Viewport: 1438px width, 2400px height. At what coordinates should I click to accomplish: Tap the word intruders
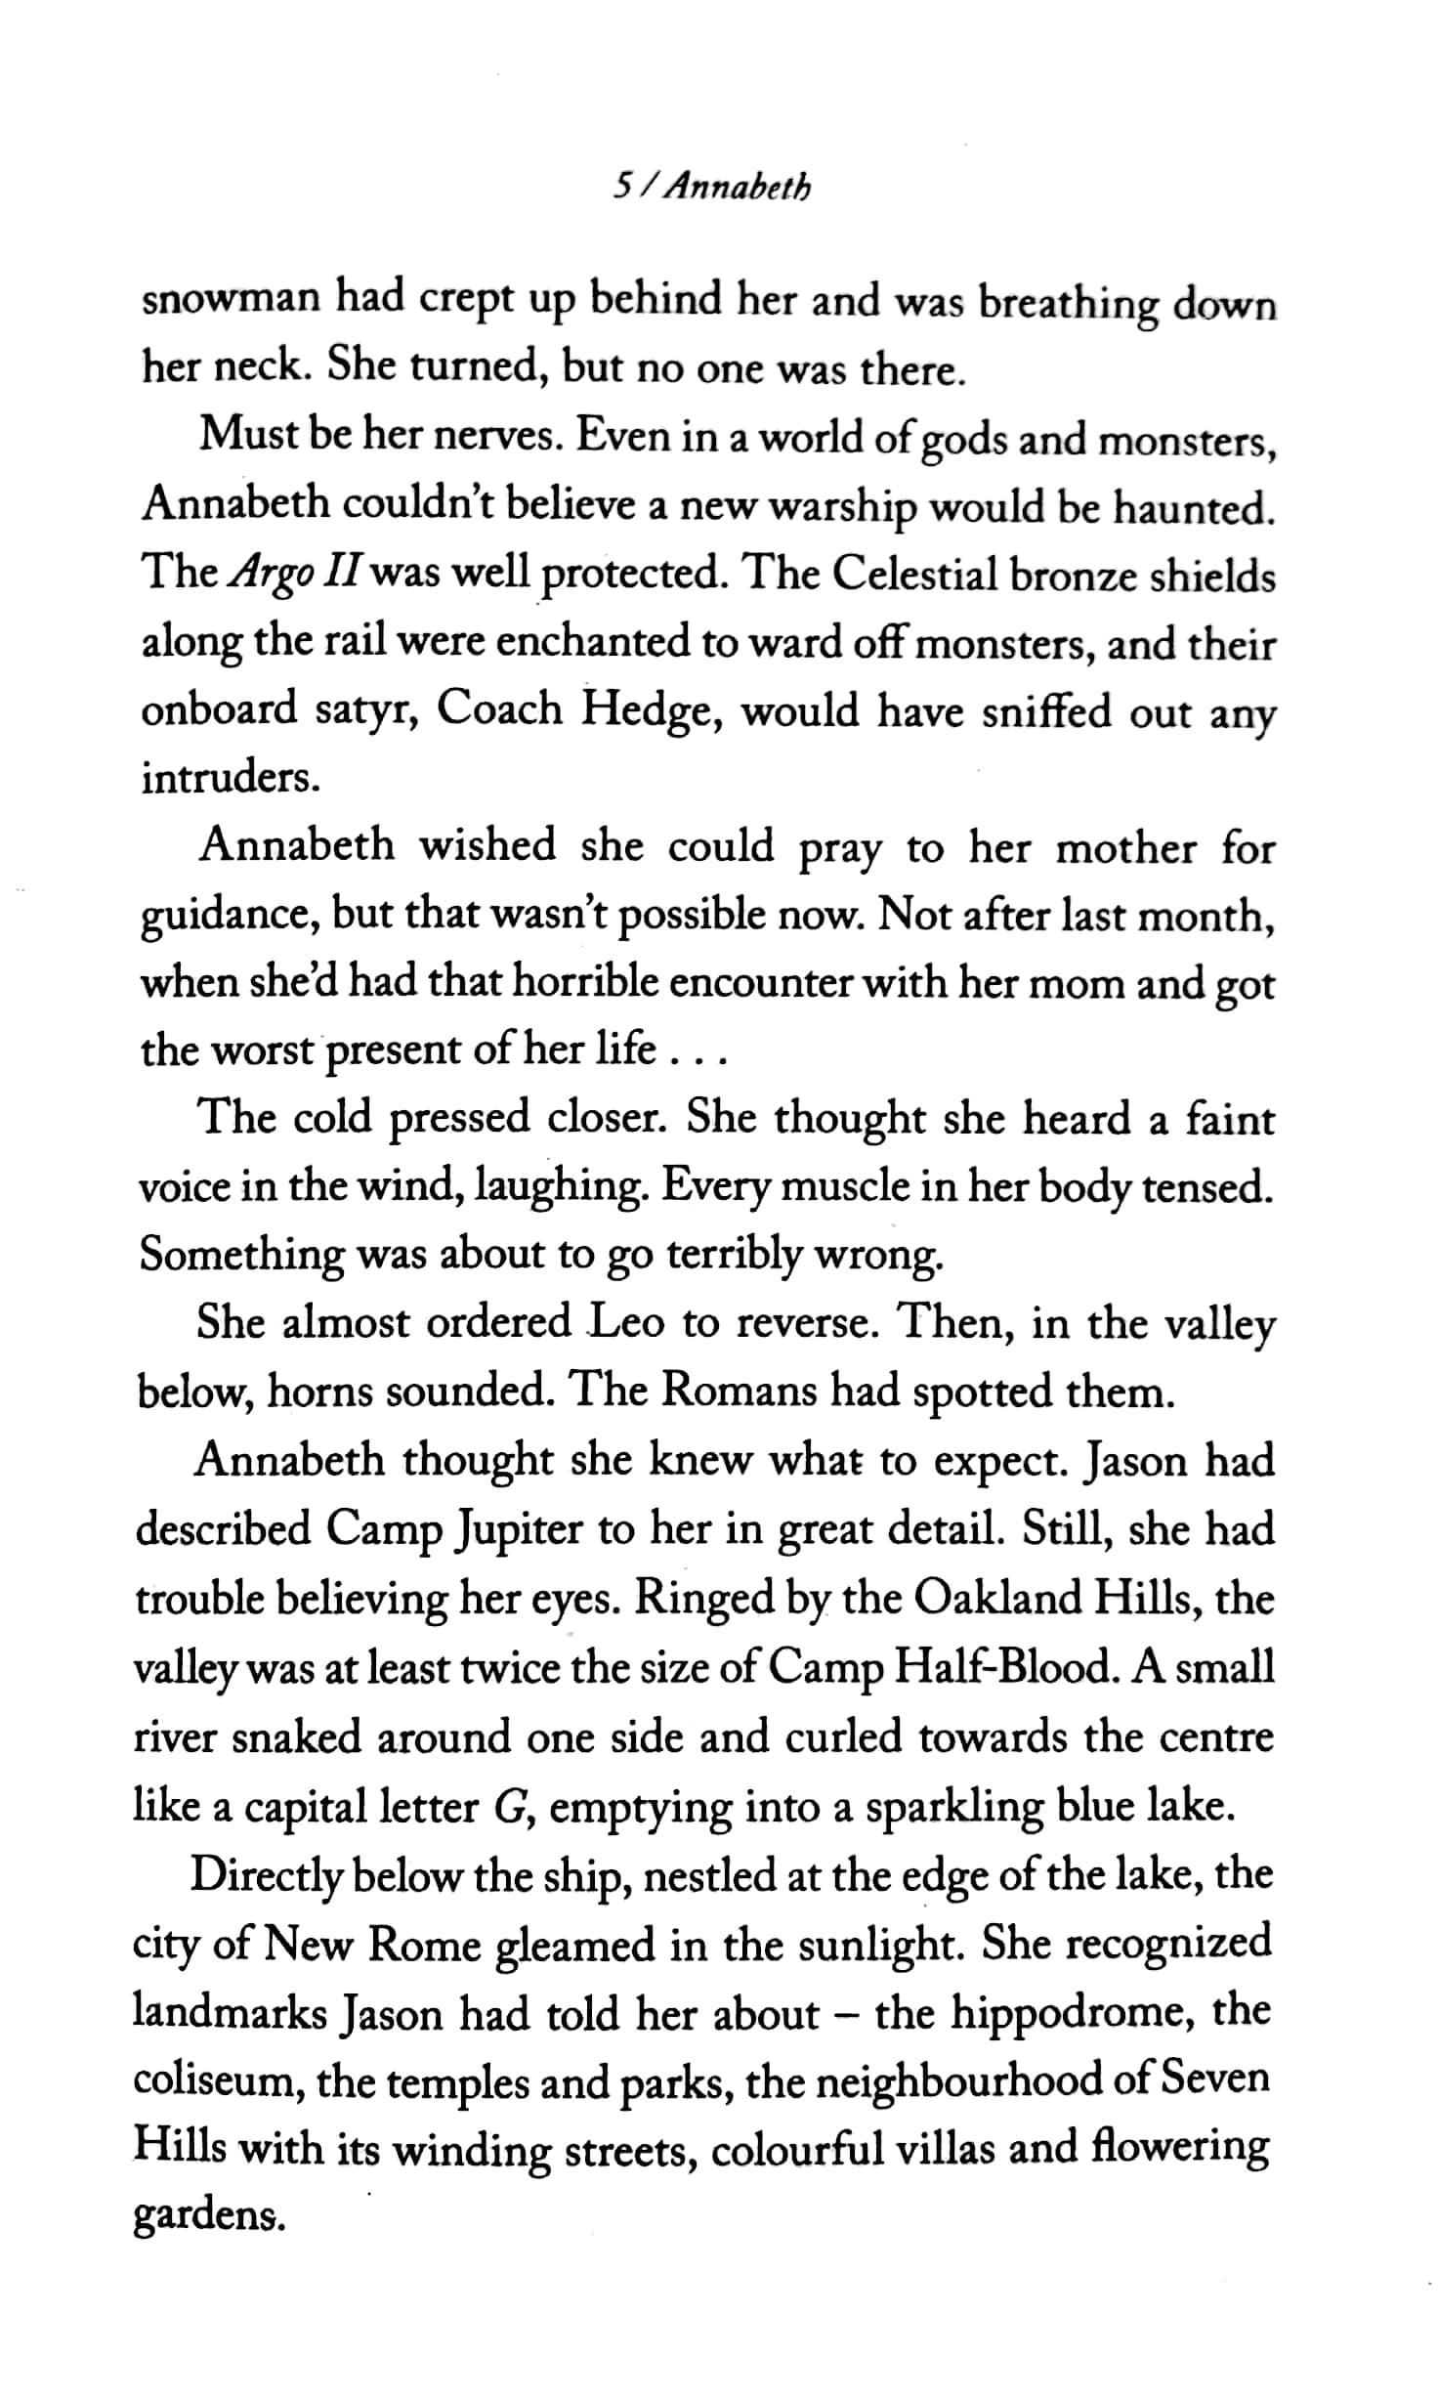[x=231, y=779]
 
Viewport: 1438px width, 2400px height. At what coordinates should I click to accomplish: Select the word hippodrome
[x=1074, y=2013]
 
